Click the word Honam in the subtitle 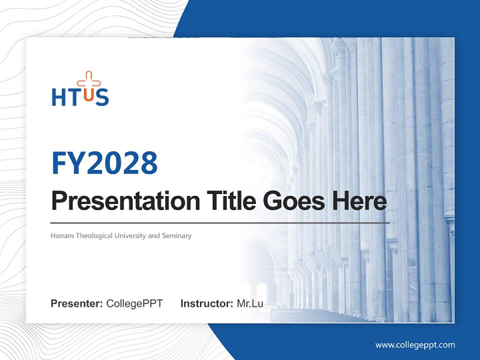click(62, 235)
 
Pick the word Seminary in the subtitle click(176, 235)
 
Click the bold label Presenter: click(77, 303)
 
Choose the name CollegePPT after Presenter click(134, 303)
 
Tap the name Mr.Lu click(250, 303)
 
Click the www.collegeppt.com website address click(415, 344)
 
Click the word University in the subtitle click(131, 235)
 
